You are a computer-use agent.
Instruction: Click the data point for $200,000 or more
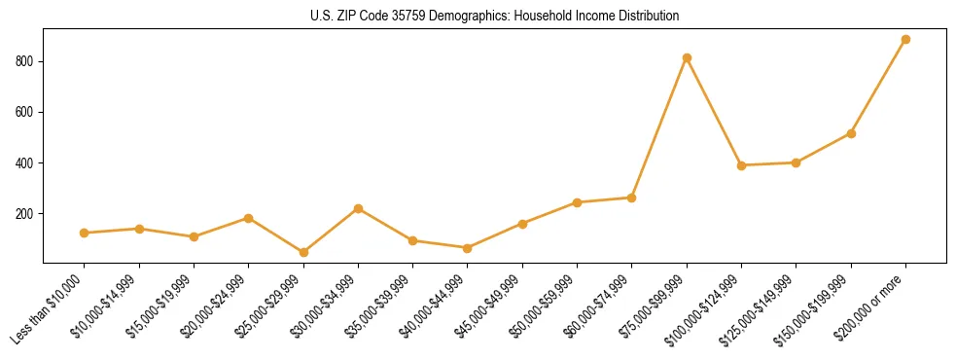coord(905,40)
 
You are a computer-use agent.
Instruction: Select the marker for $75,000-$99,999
coord(687,58)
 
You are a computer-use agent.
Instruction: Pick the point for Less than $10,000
coord(85,233)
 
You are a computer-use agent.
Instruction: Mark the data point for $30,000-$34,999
coord(358,208)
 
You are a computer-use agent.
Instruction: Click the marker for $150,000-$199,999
coord(851,133)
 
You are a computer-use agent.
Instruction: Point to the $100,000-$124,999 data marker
coord(741,165)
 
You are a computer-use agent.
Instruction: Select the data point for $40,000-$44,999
coord(468,248)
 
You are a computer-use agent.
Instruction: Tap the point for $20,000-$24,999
coord(249,218)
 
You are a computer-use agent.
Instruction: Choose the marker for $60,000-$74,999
coord(632,198)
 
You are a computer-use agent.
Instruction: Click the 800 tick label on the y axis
coord(26,61)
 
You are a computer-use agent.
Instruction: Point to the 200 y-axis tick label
coord(26,213)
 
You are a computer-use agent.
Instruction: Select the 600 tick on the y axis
coord(26,112)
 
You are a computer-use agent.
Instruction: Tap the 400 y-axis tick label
coord(26,162)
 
